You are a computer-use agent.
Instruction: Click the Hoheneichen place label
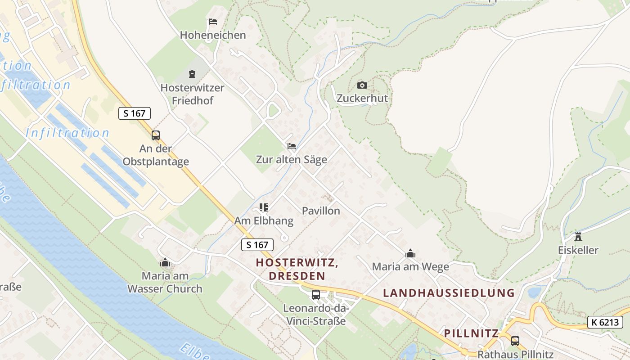(x=213, y=35)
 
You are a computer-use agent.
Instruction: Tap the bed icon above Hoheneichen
(x=213, y=22)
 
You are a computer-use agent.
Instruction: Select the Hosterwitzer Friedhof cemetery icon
(x=192, y=74)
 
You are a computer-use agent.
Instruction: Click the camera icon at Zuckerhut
(x=362, y=85)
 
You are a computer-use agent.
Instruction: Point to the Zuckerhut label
(x=362, y=98)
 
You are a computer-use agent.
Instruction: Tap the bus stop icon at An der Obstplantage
(x=156, y=135)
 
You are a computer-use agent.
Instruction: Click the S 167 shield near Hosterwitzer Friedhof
(x=135, y=113)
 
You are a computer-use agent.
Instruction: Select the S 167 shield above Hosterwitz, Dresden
(x=257, y=245)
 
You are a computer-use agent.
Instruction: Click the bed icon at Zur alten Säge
(x=292, y=146)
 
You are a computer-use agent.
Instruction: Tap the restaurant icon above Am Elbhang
(x=264, y=207)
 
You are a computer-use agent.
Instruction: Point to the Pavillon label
(x=321, y=211)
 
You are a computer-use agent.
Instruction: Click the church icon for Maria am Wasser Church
(x=165, y=262)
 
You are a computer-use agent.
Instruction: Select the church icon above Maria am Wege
(x=410, y=254)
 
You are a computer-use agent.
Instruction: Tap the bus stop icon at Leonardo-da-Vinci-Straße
(x=316, y=295)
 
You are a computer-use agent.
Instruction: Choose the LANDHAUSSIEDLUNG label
(x=449, y=293)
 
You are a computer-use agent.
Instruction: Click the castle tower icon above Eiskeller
(x=578, y=237)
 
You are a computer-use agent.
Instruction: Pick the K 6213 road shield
(x=605, y=322)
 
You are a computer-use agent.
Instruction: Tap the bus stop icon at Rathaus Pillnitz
(x=515, y=341)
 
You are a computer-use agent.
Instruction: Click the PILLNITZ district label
(x=471, y=333)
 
